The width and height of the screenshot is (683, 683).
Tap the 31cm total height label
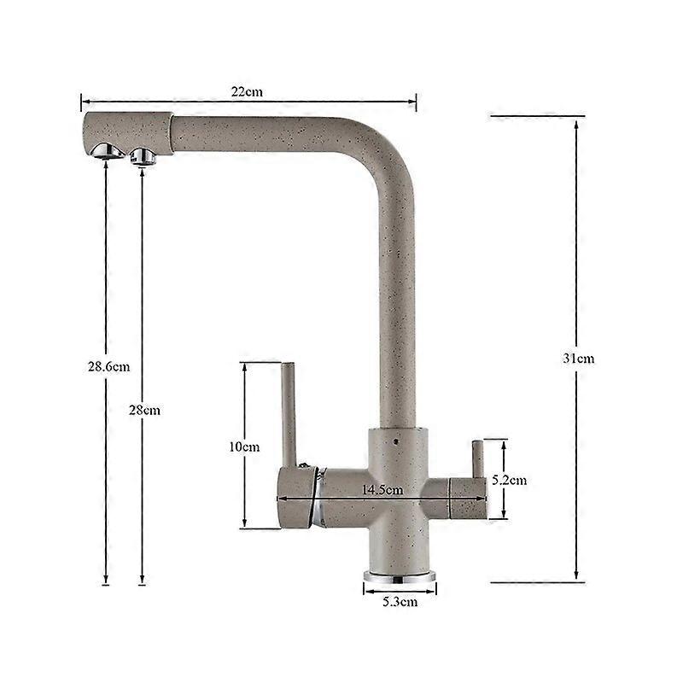click(x=578, y=358)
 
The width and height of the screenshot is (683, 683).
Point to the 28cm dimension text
click(x=144, y=410)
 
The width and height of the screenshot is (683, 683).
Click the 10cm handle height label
click(x=244, y=447)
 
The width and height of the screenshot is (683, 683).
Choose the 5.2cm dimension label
click(x=510, y=480)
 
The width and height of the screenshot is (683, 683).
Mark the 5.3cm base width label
click(x=400, y=602)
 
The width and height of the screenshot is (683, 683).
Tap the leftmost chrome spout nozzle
click(x=102, y=149)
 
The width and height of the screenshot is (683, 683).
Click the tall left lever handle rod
click(x=289, y=414)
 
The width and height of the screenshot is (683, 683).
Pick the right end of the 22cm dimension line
click(x=415, y=102)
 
